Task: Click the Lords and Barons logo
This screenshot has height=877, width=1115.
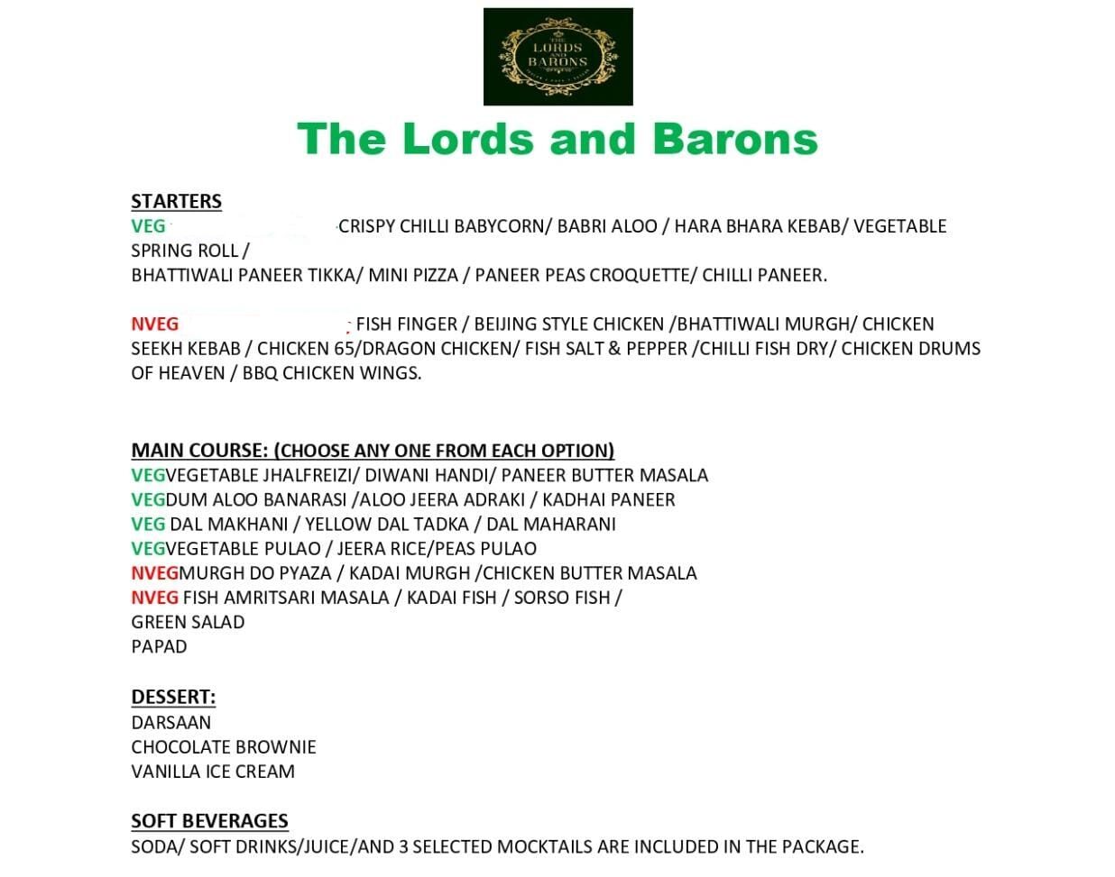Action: pos(557,57)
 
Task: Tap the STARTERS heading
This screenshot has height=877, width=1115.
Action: pos(176,201)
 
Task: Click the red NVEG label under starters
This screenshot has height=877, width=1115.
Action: pos(154,324)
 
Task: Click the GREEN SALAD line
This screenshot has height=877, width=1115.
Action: pos(188,622)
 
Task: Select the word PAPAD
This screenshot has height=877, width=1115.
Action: pos(159,646)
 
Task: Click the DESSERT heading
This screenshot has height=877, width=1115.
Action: pos(173,697)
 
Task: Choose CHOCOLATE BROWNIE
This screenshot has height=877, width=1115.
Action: pos(224,746)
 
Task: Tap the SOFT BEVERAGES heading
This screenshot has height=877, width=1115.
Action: pos(209,820)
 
